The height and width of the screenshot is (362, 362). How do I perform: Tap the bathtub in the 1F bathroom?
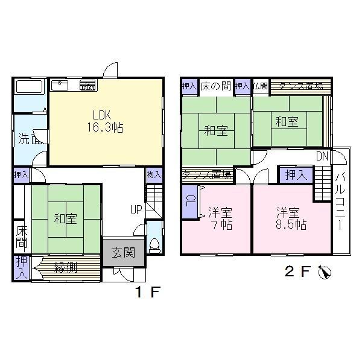point(28,87)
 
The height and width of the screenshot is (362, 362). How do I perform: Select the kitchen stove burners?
point(88,85)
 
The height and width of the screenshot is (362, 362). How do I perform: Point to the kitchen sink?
point(62,85)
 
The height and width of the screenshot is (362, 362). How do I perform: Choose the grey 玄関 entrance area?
point(124,252)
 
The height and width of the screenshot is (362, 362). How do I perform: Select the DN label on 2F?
point(323,156)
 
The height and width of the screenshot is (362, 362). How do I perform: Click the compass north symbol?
point(326,273)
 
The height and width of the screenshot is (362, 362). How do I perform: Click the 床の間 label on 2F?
point(215,86)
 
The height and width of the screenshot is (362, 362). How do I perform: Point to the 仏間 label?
point(260,86)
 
